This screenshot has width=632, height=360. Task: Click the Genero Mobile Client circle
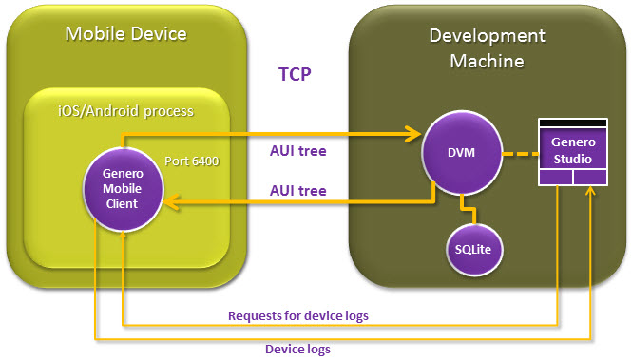click(x=124, y=188)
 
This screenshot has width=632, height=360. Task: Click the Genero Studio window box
click(x=572, y=152)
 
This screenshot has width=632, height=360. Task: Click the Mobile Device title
click(x=125, y=35)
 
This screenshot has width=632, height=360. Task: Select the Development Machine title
click(x=488, y=47)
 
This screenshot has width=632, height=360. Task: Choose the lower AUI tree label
click(x=299, y=191)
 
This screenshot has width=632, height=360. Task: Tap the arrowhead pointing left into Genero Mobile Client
click(x=172, y=200)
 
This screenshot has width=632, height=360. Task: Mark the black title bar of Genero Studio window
click(x=572, y=123)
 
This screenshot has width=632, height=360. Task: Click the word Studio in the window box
click(x=572, y=158)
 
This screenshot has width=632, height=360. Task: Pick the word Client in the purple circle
click(x=124, y=203)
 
